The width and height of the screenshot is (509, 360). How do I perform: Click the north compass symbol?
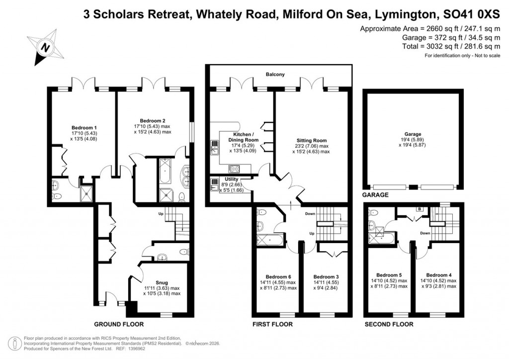tap(46, 47)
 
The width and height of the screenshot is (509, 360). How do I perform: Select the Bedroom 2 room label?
tap(152, 121)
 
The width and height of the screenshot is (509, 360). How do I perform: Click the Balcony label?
tap(275, 75)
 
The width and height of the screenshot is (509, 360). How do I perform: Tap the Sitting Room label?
tap(310, 140)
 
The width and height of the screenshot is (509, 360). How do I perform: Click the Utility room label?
tap(232, 179)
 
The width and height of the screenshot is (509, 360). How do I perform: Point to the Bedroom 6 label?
tap(278, 276)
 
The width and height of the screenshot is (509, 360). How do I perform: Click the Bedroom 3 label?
tap(326, 276)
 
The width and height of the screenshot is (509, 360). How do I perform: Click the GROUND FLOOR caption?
tap(119, 324)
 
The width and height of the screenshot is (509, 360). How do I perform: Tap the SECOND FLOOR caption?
tap(389, 324)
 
